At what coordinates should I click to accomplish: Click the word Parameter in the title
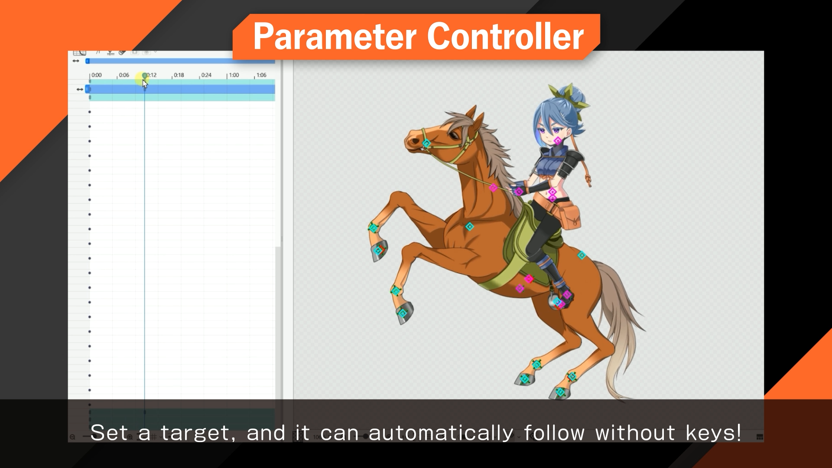tap(334, 37)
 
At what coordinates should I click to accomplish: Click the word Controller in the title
tap(505, 37)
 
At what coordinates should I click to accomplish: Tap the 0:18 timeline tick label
tap(179, 75)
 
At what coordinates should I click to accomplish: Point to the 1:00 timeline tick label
tap(234, 75)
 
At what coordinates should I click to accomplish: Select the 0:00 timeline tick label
tap(96, 75)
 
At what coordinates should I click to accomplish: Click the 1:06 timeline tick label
tap(261, 75)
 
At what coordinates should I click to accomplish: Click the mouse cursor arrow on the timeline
tap(145, 84)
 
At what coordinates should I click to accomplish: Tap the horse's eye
tap(454, 136)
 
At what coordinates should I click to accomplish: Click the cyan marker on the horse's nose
tap(426, 143)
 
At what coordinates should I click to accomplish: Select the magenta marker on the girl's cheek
tap(558, 140)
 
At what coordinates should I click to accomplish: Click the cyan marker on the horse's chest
tap(469, 227)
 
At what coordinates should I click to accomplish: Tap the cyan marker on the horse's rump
tap(582, 255)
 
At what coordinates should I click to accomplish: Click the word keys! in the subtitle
tap(713, 433)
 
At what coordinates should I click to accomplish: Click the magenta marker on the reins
tap(493, 188)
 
